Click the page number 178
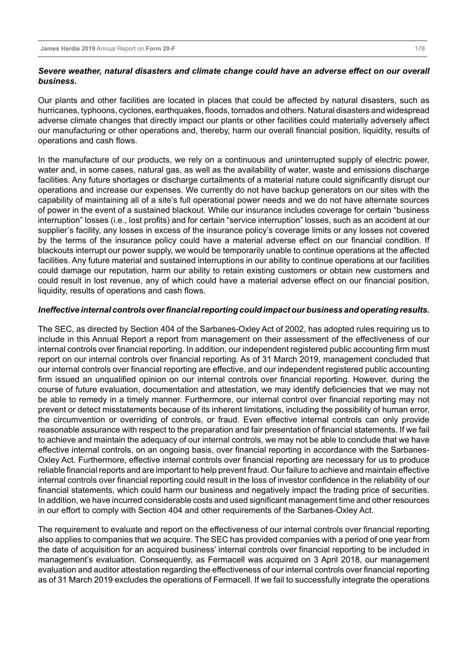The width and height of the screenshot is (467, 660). [420, 49]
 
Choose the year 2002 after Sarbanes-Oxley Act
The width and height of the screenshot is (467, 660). [292, 329]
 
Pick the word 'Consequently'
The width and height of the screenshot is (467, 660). [186, 560]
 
